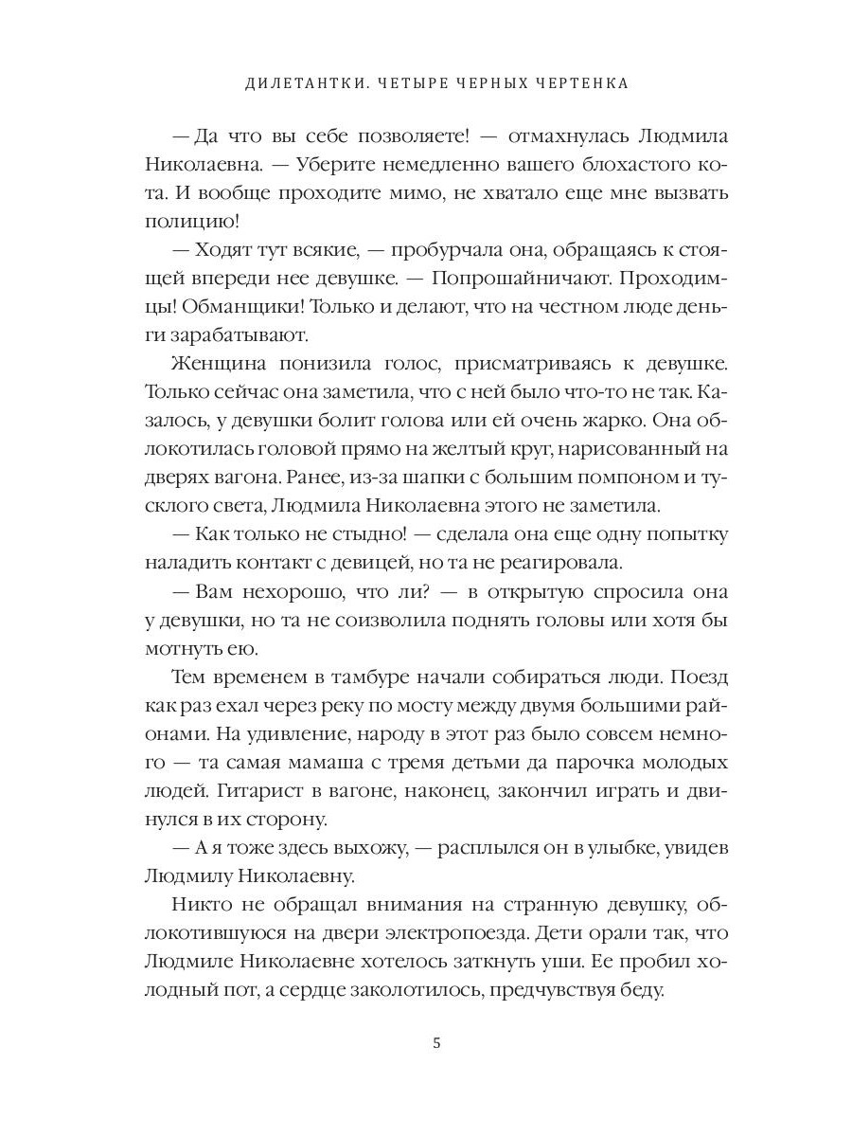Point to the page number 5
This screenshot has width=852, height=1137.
coord(436,1043)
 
